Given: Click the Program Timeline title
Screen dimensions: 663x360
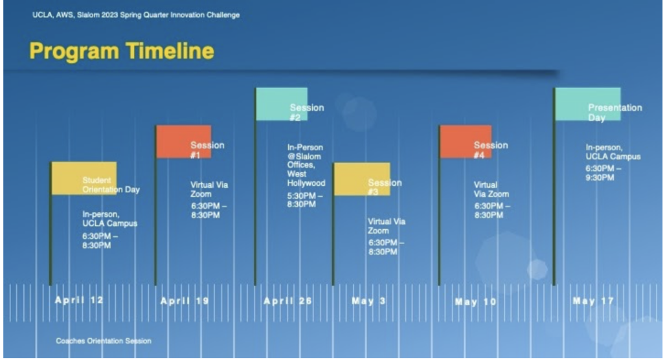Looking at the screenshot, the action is pyautogui.click(x=122, y=51).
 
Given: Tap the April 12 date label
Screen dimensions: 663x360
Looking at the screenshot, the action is pyautogui.click(x=79, y=300).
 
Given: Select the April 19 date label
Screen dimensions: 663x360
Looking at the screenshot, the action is pyautogui.click(x=185, y=301).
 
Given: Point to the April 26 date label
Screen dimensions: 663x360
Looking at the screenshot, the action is pyautogui.click(x=288, y=301).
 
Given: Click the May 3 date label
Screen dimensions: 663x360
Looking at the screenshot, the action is pyautogui.click(x=368, y=301).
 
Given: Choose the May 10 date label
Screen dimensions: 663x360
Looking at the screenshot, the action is pyautogui.click(x=476, y=302).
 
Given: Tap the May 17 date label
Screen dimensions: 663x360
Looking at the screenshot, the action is pyautogui.click(x=593, y=301).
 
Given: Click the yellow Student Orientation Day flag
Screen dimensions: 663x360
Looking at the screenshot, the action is pyautogui.click(x=84, y=178).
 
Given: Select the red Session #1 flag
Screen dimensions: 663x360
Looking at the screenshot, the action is pyautogui.click(x=184, y=142).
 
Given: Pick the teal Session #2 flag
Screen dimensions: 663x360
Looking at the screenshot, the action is pyautogui.click(x=282, y=104).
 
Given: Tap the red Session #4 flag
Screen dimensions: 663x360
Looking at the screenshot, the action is pyautogui.click(x=466, y=142).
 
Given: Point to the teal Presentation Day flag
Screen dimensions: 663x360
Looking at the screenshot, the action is pyautogui.click(x=588, y=104).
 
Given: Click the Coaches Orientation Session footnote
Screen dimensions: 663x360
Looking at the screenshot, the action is pyautogui.click(x=104, y=341).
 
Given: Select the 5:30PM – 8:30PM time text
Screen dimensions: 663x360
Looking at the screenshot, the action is pyautogui.click(x=305, y=200).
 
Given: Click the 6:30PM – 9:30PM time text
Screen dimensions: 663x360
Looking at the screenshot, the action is pyautogui.click(x=603, y=173).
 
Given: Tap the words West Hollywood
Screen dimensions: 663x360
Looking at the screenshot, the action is pyautogui.click(x=306, y=179).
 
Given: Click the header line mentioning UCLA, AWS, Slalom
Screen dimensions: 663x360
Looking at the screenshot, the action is pyautogui.click(x=136, y=15).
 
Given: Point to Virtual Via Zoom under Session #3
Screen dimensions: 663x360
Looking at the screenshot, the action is pyautogui.click(x=387, y=226).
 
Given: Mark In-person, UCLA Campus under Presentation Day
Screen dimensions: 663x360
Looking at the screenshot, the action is pyautogui.click(x=613, y=152).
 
